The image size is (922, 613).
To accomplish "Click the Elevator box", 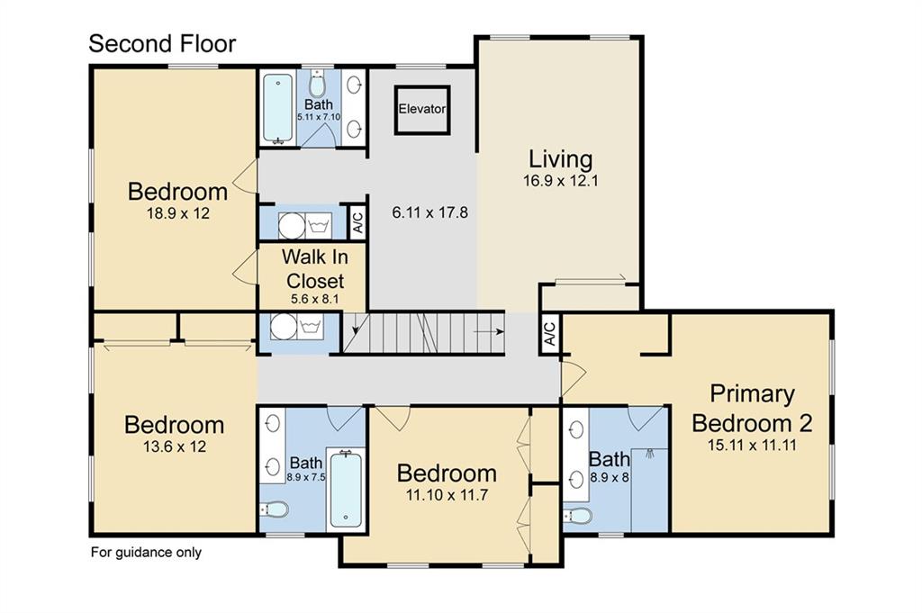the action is (x=422, y=110).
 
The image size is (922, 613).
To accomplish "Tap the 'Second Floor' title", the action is (x=162, y=43).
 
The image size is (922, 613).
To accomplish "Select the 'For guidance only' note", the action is (x=146, y=553).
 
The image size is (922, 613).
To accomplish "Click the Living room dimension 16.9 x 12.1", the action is (x=560, y=180).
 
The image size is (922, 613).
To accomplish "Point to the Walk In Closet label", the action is (x=314, y=268).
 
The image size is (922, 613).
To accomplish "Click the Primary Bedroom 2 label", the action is (x=752, y=409).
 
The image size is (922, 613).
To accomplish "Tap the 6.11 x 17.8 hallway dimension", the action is (x=429, y=212).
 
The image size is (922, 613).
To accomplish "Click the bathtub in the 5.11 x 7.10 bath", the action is (x=277, y=108).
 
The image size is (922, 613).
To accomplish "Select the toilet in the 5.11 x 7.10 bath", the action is (x=318, y=84).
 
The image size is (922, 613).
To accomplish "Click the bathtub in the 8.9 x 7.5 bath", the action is (x=346, y=489).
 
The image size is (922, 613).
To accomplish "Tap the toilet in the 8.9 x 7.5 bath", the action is (x=274, y=509).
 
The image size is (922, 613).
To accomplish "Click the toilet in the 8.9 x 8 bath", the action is (x=577, y=516).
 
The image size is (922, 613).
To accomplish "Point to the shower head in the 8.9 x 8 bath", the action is (x=650, y=454).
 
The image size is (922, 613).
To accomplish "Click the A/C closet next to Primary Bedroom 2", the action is (x=550, y=334).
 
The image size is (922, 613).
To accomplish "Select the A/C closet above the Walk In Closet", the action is (x=357, y=221).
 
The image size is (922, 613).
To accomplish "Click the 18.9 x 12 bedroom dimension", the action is (x=178, y=213).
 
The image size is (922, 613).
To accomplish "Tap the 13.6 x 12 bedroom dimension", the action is (x=175, y=446).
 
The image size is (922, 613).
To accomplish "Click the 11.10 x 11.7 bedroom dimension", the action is (x=447, y=495).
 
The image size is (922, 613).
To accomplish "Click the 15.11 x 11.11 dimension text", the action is (x=752, y=445).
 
